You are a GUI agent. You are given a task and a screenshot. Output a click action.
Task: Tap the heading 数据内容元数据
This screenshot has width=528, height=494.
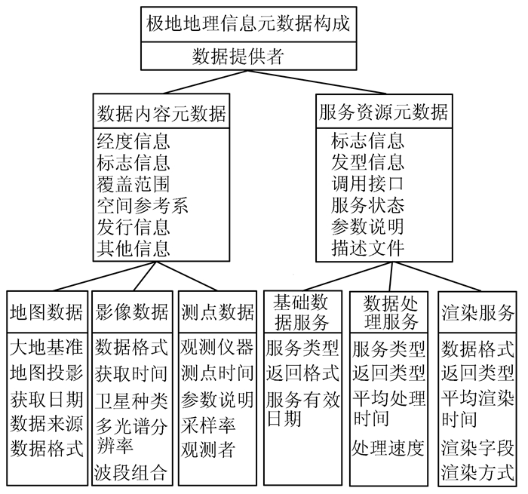tap(162, 113)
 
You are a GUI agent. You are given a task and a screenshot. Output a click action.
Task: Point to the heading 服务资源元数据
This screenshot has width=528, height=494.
tap(383, 113)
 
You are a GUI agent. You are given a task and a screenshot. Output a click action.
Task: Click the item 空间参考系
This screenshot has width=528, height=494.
tap(143, 204)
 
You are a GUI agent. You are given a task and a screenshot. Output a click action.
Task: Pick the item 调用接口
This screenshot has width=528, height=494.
tap(367, 183)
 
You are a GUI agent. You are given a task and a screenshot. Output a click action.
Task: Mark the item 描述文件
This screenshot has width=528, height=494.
tap(367, 248)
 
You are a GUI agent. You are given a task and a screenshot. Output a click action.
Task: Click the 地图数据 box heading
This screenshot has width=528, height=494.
tap(47, 311)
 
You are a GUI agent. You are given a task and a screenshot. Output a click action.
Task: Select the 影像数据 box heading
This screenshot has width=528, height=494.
tap(131, 311)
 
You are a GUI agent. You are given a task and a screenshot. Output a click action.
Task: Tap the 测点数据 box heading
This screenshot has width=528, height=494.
tap(217, 311)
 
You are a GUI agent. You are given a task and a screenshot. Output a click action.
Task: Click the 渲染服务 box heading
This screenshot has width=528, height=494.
tap(477, 311)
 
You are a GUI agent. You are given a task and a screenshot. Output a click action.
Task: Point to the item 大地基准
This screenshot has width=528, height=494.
tap(47, 348)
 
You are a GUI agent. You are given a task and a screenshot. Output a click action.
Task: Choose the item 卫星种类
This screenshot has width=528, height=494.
tap(131, 399)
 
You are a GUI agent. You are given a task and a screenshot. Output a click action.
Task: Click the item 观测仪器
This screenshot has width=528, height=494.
tap(217, 348)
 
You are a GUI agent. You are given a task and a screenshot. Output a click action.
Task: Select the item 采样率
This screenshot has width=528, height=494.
tap(207, 425)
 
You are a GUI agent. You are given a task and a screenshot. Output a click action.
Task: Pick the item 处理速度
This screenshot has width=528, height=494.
tap(388, 446)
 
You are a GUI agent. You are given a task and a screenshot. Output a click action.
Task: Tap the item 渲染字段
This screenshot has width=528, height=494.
tap(477, 448)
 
